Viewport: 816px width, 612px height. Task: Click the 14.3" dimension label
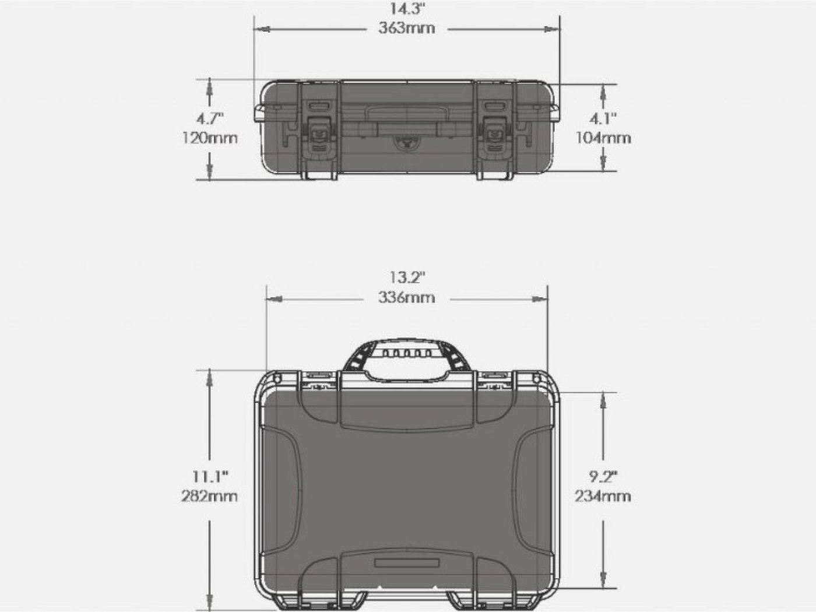tap(407, 9)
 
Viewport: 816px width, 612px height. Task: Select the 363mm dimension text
tap(407, 28)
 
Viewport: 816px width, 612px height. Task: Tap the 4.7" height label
tap(209, 119)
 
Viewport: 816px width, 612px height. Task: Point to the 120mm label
tap(209, 138)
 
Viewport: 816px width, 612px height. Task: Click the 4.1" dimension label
tap(603, 119)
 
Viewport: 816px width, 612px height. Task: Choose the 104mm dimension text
tap(603, 138)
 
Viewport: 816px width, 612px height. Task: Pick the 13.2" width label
tap(407, 277)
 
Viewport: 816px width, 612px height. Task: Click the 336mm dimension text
tap(407, 297)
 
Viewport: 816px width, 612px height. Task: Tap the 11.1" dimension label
tap(209, 477)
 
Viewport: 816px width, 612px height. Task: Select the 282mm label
tap(209, 496)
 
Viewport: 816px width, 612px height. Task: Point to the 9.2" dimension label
tap(603, 477)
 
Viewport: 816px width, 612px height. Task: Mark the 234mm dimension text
tap(603, 496)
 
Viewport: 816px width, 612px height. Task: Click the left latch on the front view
tap(319, 134)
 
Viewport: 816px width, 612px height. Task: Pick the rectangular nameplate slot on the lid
tap(406, 563)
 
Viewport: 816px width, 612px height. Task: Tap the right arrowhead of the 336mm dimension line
tap(541, 298)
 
